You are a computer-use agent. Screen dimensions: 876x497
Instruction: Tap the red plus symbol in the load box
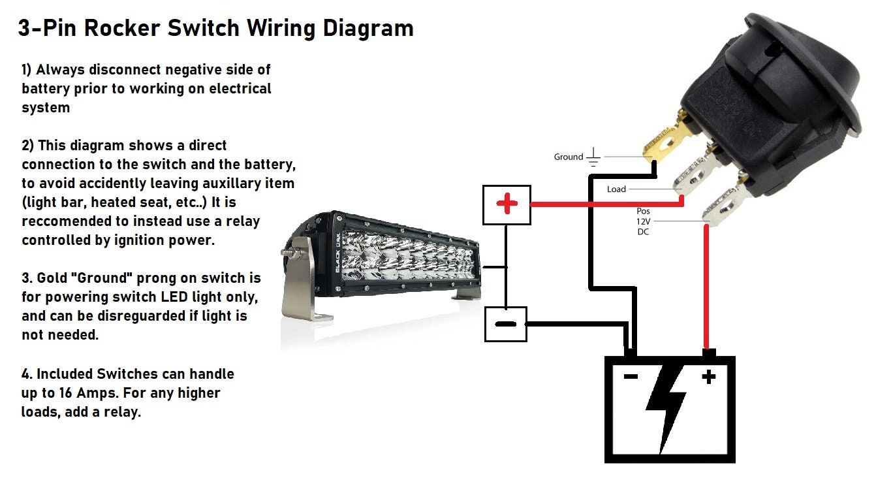coord(507,204)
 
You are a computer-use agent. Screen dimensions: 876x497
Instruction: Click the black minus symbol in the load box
coord(505,324)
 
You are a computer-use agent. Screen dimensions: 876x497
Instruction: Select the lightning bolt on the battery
coord(666,409)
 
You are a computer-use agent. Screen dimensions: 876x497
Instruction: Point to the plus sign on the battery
coord(709,377)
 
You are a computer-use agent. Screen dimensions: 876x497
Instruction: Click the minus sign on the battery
coord(631,376)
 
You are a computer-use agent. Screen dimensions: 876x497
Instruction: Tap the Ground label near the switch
coord(569,157)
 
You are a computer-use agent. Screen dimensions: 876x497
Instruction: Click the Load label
coord(616,189)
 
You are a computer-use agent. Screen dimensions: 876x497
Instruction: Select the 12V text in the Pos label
coord(644,221)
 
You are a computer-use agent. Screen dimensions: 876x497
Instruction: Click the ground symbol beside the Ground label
coord(593,157)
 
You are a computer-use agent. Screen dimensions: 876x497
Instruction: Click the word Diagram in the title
coord(368,29)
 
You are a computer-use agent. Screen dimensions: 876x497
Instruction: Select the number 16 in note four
coord(66,393)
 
